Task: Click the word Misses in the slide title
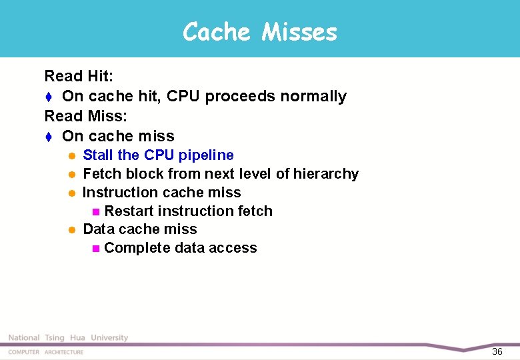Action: pyautogui.click(x=299, y=31)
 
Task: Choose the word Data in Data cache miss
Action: pyautogui.click(x=98, y=229)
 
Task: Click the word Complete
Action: pyautogui.click(x=137, y=248)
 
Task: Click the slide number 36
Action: pyautogui.click(x=497, y=351)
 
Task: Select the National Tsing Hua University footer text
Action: pyautogui.click(x=68, y=338)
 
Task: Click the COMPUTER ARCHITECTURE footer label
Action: pyautogui.click(x=46, y=352)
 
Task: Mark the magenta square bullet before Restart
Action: pyautogui.click(x=95, y=212)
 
